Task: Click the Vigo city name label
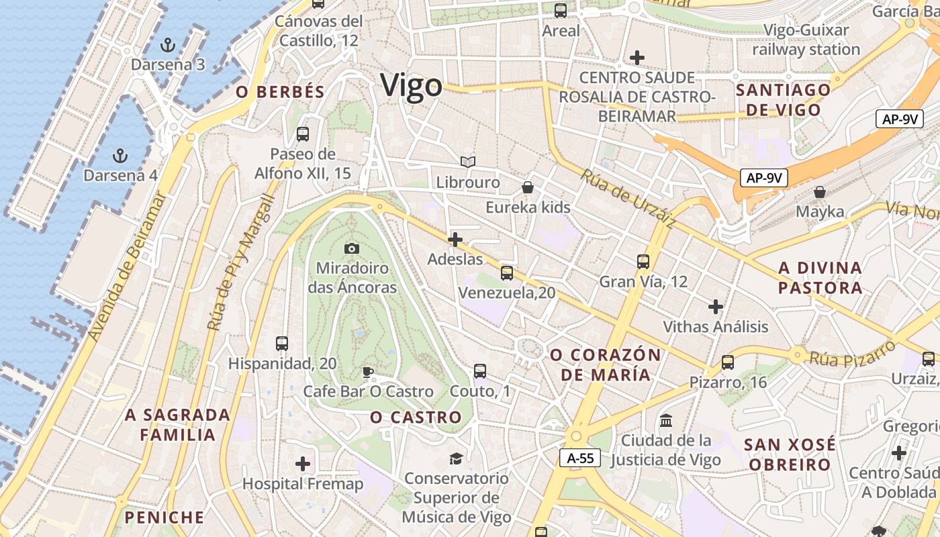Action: [x=411, y=86]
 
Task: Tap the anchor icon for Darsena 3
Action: [x=168, y=45]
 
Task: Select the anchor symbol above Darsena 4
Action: [x=120, y=156]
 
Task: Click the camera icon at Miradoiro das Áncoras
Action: [x=351, y=249]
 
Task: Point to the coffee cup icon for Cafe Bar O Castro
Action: [x=367, y=371]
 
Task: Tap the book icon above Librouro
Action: [x=468, y=162]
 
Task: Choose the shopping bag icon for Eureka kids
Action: [x=528, y=187]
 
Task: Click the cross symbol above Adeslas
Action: [x=455, y=239]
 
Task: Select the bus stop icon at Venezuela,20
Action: [x=507, y=273]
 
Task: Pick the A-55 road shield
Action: [x=580, y=458]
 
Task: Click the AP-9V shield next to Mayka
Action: [x=763, y=178]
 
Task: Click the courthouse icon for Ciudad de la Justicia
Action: [x=666, y=421]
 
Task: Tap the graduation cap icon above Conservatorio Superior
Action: [x=457, y=458]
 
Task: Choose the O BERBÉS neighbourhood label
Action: [x=280, y=92]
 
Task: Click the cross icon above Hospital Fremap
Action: [x=303, y=464]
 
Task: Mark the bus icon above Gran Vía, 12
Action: [x=643, y=262]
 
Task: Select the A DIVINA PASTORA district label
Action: [x=820, y=278]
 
